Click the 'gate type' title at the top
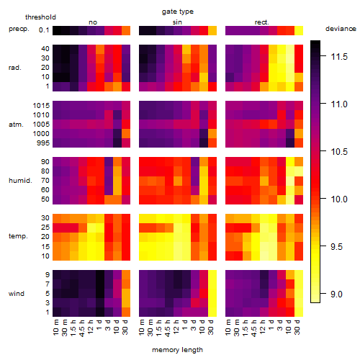pyautogui.click(x=178, y=12)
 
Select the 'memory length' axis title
pyautogui.click(x=177, y=350)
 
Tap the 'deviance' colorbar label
pyautogui.click(x=341, y=29)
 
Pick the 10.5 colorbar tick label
pyautogui.click(x=339, y=152)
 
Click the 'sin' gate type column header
pyautogui.click(x=177, y=22)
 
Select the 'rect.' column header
pyautogui.click(x=261, y=22)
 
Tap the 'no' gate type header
pyautogui.click(x=93, y=22)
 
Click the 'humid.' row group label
pyautogui.click(x=20, y=181)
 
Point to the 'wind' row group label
pyautogui.click(x=17, y=294)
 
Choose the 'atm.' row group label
pyautogui.click(x=16, y=125)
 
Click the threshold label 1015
pyautogui.click(x=41, y=106)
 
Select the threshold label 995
pyautogui.click(x=43, y=143)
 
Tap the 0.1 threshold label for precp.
pyautogui.click(x=44, y=30)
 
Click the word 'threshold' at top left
pyautogui.click(x=40, y=17)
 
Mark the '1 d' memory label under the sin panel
pyautogui.click(x=185, y=325)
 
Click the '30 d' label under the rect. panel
pyautogui.click(x=297, y=327)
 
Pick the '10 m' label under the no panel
pyautogui.click(x=55, y=328)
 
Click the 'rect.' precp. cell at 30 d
pyautogui.click(x=299, y=31)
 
